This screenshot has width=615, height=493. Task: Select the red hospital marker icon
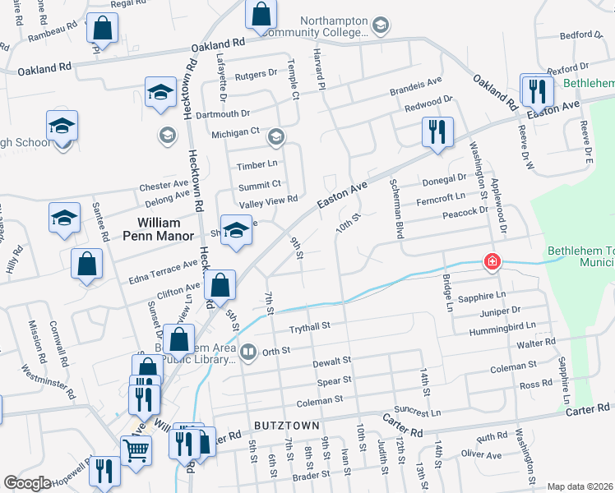tap(492, 262)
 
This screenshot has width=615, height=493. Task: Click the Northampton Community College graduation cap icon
tap(380, 26)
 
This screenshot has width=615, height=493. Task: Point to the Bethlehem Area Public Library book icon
tap(247, 352)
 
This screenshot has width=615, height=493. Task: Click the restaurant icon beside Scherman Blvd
tap(437, 131)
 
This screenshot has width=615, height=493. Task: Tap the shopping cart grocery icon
tap(136, 449)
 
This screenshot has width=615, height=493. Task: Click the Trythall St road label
tap(308, 326)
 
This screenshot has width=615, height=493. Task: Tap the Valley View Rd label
tap(267, 200)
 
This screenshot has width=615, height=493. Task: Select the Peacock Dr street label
tap(465, 212)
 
